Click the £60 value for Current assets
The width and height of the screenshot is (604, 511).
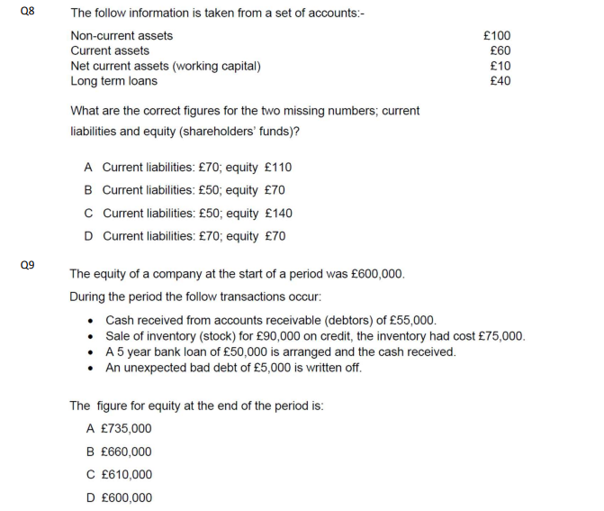[x=500, y=50]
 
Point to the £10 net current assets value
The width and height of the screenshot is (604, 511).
[x=500, y=66]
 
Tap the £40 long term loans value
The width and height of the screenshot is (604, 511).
[x=500, y=81]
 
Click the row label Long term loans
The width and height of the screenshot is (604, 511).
[x=113, y=81]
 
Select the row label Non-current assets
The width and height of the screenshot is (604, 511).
[x=122, y=36]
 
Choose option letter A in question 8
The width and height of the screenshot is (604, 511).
[x=88, y=168]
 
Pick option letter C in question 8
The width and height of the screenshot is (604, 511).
[x=88, y=214]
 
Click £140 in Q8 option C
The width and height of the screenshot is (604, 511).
[x=279, y=214]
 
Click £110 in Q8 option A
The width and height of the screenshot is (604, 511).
[x=279, y=168]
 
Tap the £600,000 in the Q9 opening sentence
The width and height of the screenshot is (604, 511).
[x=374, y=274]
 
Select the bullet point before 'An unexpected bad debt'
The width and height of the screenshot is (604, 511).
[x=90, y=368]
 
